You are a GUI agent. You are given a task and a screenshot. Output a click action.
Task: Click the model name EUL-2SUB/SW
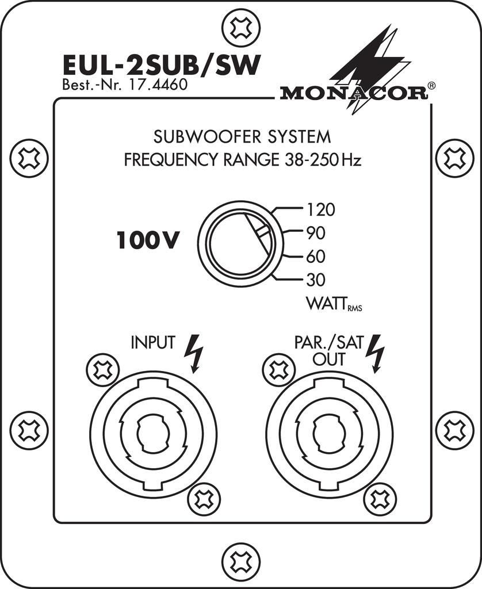(162, 66)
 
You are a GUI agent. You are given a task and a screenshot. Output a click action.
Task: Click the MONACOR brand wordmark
(354, 93)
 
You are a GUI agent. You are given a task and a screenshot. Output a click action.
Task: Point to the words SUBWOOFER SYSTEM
(242, 137)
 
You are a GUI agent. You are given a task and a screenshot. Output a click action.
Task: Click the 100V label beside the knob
(147, 240)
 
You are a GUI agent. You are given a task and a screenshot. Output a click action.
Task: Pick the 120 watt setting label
(321, 209)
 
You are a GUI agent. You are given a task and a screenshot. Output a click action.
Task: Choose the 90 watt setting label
(316, 234)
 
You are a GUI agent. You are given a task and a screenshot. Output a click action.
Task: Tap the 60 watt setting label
(316, 257)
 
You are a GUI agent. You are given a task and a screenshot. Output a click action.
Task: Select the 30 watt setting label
(316, 280)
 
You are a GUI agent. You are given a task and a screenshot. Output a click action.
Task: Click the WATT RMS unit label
(334, 304)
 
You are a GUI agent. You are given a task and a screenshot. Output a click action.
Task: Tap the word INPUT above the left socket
(153, 342)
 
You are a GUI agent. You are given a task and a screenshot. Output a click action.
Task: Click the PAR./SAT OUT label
(329, 350)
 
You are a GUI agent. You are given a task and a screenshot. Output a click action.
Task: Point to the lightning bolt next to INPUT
(194, 353)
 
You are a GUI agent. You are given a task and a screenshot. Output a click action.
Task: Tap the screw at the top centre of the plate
(241, 26)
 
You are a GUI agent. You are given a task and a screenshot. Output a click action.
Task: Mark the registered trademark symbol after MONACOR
(432, 86)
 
